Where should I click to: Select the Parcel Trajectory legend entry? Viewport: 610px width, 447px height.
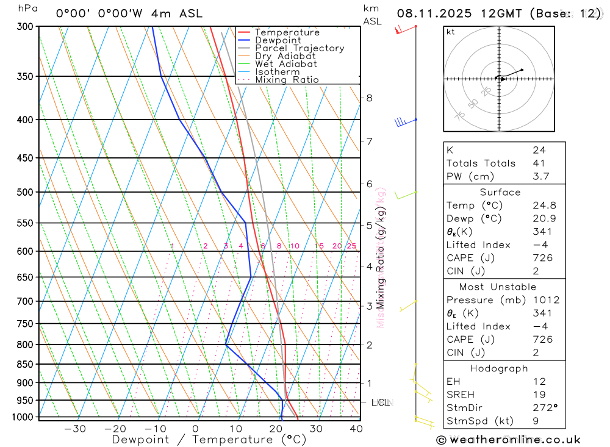pyautogui.click(x=300, y=48)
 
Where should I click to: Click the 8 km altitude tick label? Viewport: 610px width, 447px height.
pyautogui.click(x=369, y=98)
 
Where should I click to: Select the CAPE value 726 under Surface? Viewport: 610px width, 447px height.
pyautogui.click(x=542, y=258)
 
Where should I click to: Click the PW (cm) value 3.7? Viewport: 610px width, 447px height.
pyautogui.click(x=540, y=177)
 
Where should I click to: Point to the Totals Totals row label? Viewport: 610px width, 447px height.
pyautogui.click(x=481, y=163)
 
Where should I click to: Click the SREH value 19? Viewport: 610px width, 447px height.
pyautogui.click(x=538, y=395)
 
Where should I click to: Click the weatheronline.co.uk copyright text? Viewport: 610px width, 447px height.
pyautogui.click(x=509, y=440)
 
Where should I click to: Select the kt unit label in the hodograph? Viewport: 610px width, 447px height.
pyautogui.click(x=451, y=32)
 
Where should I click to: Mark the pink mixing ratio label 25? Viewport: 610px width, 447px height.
pyautogui.click(x=351, y=246)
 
